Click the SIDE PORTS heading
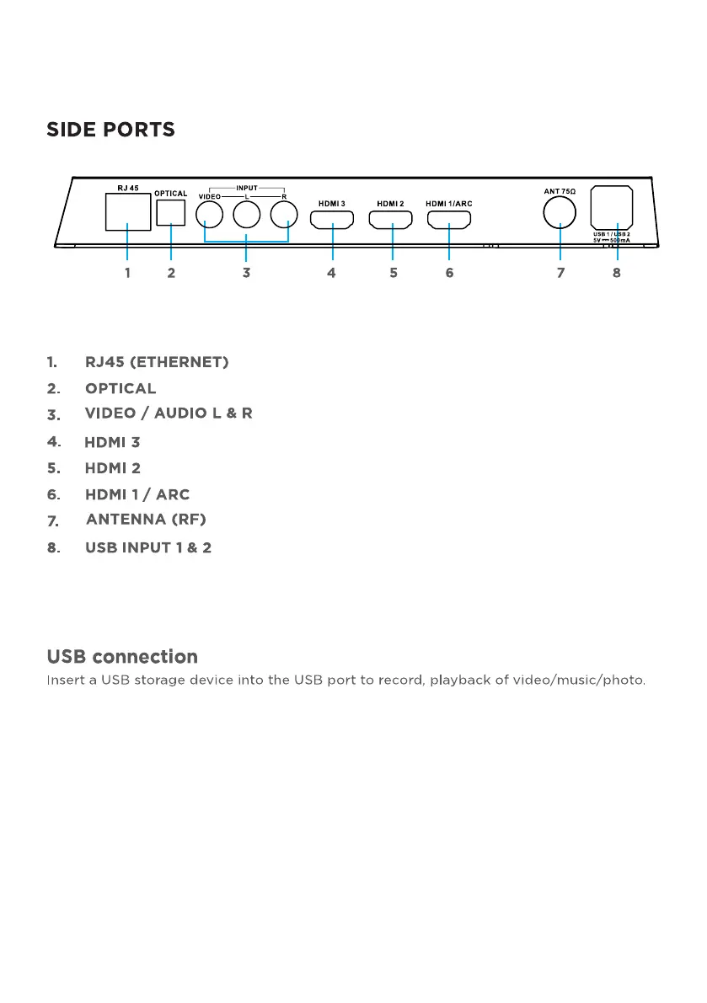tap(110, 130)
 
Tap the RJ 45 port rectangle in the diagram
tap(128, 211)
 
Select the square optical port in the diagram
tap(171, 213)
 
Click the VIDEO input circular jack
tap(209, 214)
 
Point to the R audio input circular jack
tap(284, 214)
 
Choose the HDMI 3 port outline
tap(332, 220)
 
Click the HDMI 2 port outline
tap(390, 220)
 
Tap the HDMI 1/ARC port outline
tap(449, 220)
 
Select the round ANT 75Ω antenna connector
tap(560, 212)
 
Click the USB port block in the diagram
tap(612, 208)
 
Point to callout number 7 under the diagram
tap(560, 273)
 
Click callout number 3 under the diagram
tap(246, 273)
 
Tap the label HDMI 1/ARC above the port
tap(449, 204)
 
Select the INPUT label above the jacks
tap(247, 188)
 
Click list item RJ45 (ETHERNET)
tap(157, 362)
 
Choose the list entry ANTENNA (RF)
tap(146, 520)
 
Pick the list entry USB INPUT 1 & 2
tap(148, 547)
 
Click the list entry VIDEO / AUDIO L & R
tap(169, 413)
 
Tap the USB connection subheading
tap(123, 656)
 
